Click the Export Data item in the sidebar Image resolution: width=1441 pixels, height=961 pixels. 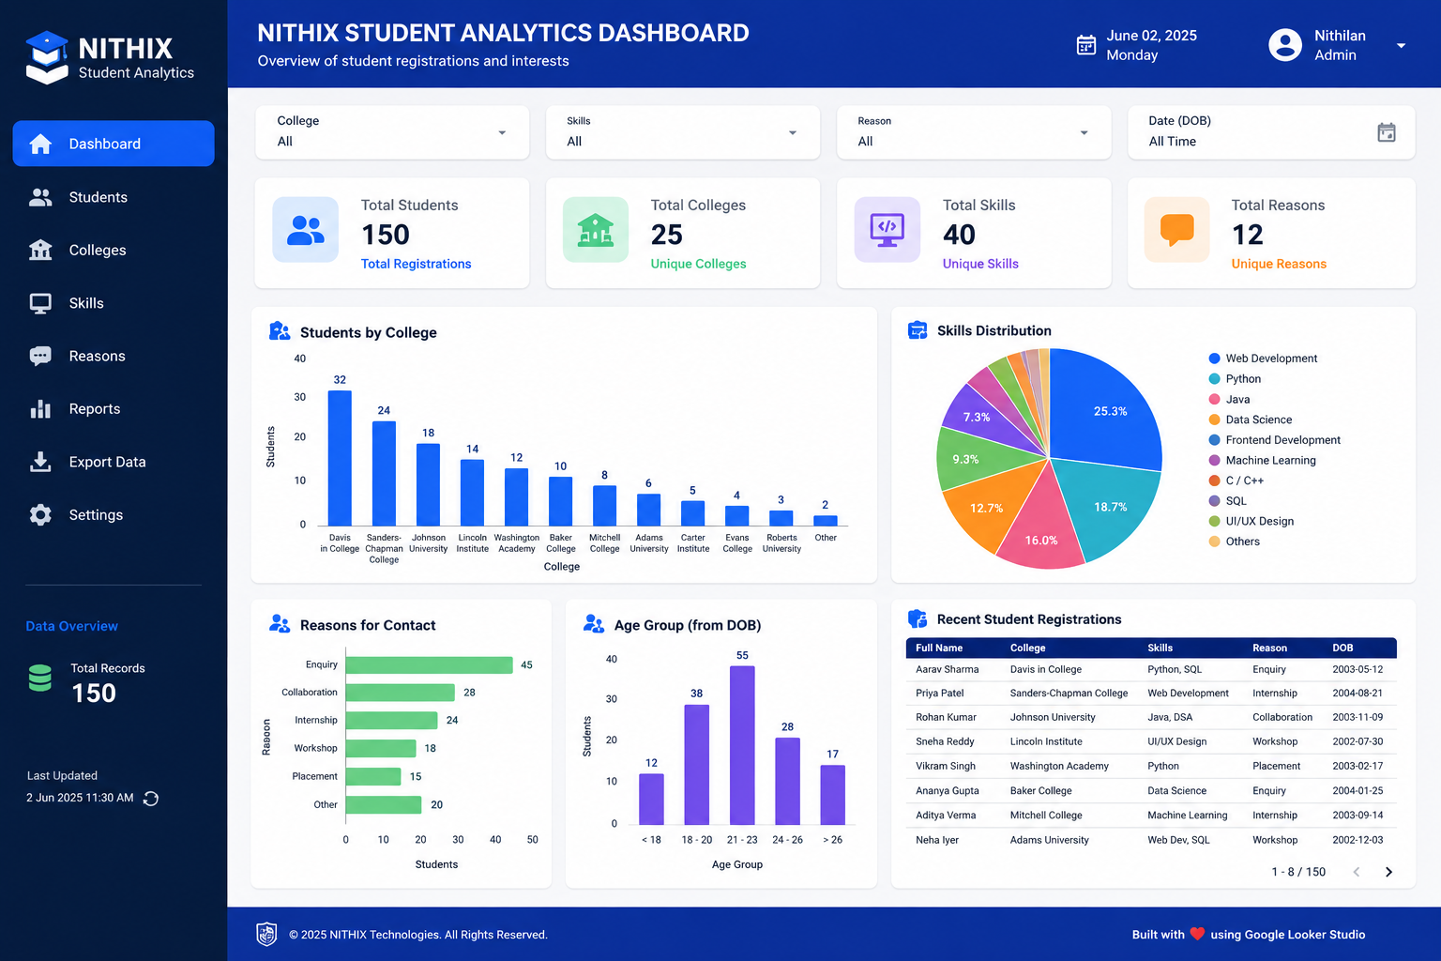coord(88,462)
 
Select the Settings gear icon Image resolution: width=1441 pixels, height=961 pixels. coord(40,515)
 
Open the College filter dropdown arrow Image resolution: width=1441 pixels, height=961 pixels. coord(502,133)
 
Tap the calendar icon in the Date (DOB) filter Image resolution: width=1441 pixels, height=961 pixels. coord(1387,132)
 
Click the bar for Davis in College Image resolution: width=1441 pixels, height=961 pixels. coord(340,458)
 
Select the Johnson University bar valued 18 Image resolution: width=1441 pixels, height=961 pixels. coord(428,484)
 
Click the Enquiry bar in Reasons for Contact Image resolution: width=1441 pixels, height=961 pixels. coord(429,665)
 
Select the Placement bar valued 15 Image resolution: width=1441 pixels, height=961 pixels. coord(373,776)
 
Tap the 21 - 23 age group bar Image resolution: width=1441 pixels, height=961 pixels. coord(742,745)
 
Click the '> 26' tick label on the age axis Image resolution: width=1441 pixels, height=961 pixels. coord(832,839)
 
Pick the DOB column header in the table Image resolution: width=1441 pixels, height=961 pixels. coord(1342,648)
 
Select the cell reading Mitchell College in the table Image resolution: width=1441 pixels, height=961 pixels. coord(1046,815)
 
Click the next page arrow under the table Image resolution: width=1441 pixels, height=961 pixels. coord(1388,872)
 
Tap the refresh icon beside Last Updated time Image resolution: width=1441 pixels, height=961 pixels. coord(150,798)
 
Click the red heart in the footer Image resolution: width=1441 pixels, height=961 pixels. coord(1197,934)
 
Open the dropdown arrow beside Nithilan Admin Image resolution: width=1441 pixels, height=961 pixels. coord(1401,46)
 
